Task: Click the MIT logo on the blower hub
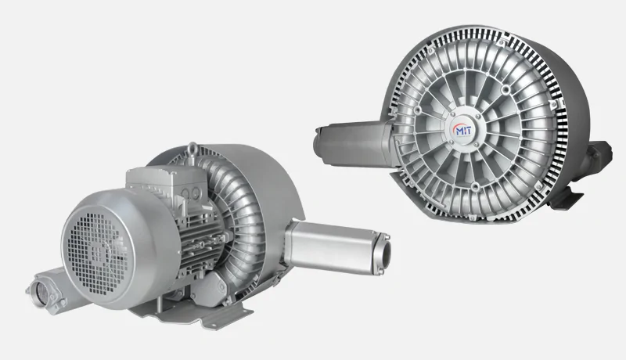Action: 462,130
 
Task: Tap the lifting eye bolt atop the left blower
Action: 192,149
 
